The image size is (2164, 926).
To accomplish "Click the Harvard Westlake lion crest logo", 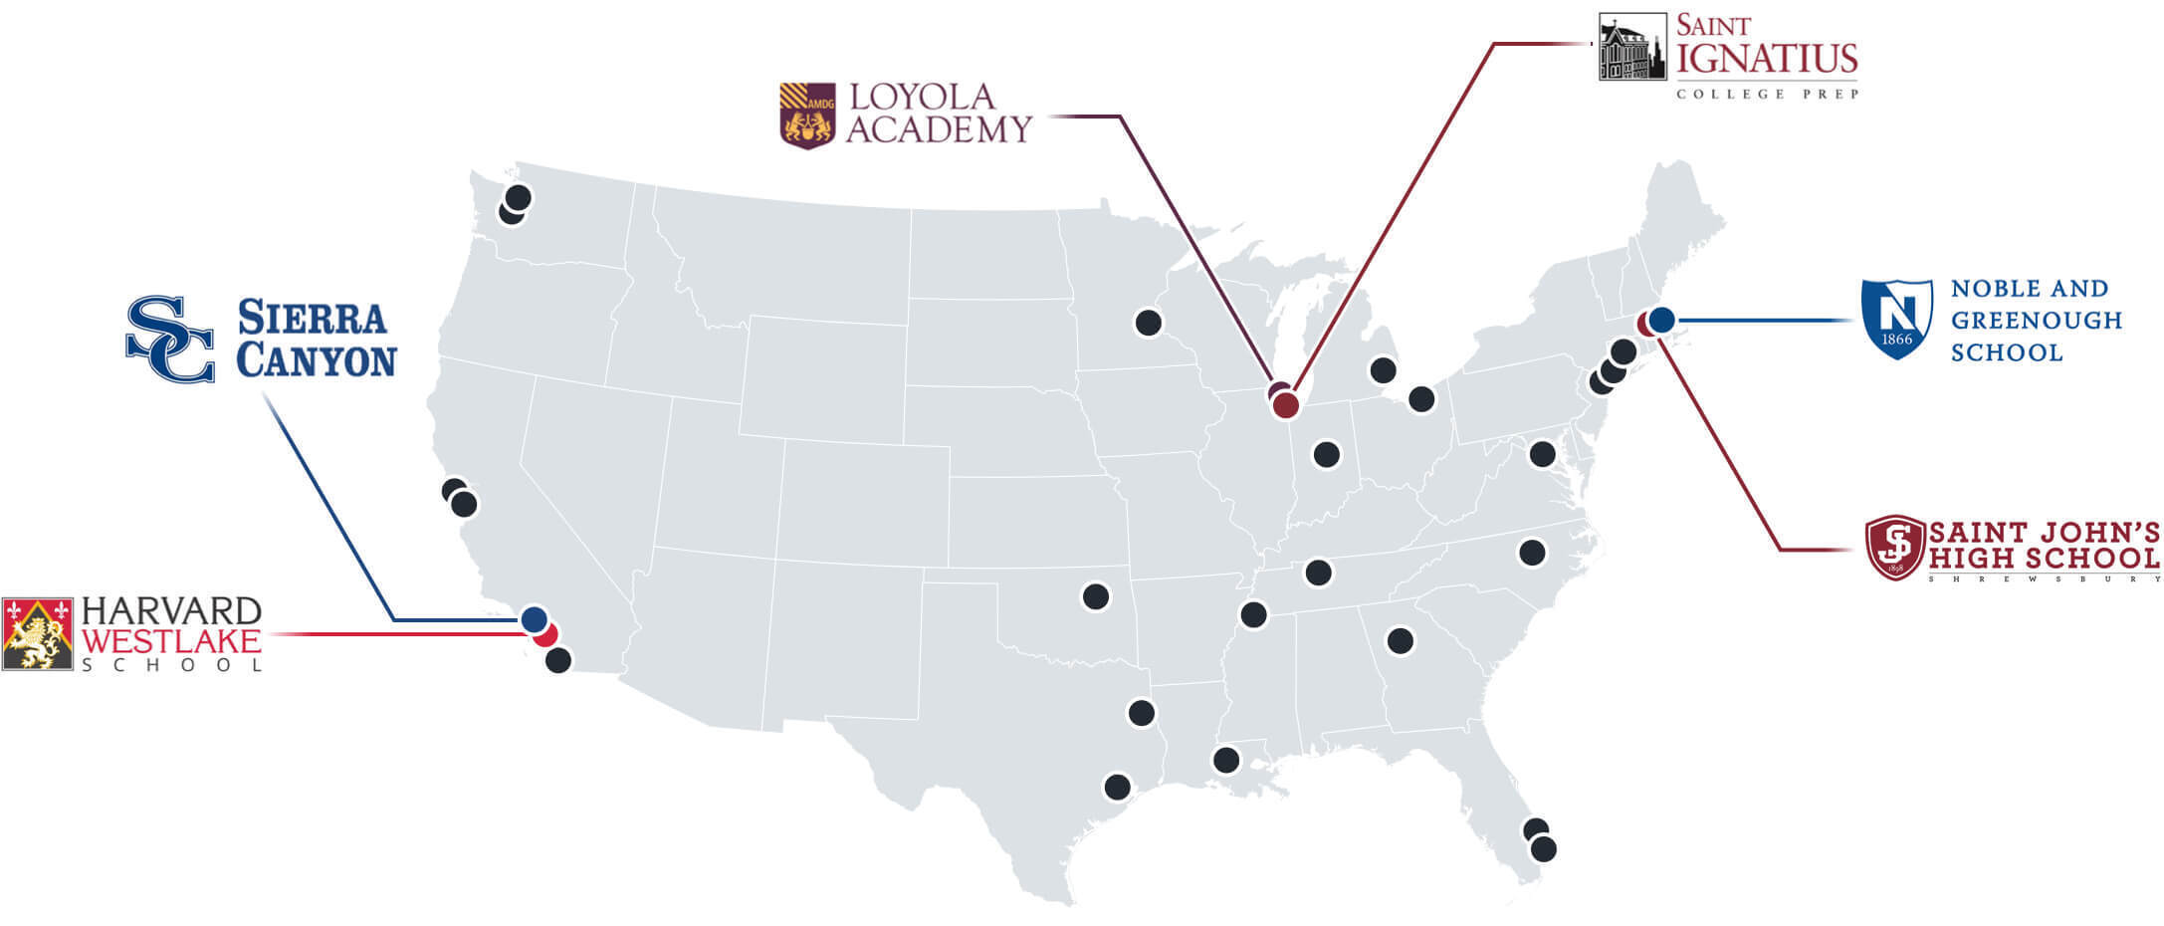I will click(38, 634).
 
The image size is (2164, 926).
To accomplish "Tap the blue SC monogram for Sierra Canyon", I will click(170, 339).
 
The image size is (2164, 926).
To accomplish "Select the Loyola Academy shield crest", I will click(807, 116).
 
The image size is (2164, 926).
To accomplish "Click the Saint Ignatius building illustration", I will click(1631, 47).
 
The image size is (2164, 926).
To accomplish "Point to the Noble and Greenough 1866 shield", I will click(1896, 319).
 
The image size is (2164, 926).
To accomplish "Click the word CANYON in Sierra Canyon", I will click(317, 360).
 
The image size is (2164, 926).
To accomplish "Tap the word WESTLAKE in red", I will click(171, 639).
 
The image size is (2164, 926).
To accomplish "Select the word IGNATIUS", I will click(1767, 59).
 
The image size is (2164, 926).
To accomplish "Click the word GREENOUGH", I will click(2036, 321).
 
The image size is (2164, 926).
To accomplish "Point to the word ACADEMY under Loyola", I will click(939, 129).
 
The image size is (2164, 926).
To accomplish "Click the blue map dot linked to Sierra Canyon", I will click(535, 618).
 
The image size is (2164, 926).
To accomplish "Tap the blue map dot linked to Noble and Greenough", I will click(1661, 320).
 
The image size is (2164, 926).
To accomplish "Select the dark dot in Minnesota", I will click(1148, 323).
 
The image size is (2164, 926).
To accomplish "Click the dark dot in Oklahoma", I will click(1095, 596).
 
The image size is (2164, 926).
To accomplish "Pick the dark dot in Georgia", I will click(1400, 640).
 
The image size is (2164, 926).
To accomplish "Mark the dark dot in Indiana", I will click(1326, 455).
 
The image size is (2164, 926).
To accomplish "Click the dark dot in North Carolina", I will click(1532, 552).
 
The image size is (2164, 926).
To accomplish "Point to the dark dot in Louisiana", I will click(1225, 761).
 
